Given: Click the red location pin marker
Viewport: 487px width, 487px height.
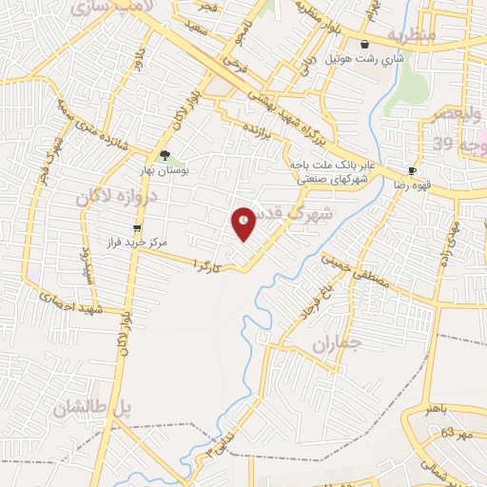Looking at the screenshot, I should [x=244, y=223].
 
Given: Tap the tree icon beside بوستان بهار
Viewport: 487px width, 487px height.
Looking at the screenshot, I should [x=166, y=155].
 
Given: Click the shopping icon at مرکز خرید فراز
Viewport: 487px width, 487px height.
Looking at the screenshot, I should [x=138, y=228].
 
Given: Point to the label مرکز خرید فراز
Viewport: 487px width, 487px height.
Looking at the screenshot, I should [x=139, y=243].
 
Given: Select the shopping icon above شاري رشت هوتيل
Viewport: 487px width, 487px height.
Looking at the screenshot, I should [x=365, y=44].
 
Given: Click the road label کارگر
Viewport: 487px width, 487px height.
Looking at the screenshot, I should [x=208, y=263].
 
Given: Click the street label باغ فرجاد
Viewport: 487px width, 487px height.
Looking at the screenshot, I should [x=320, y=300].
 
